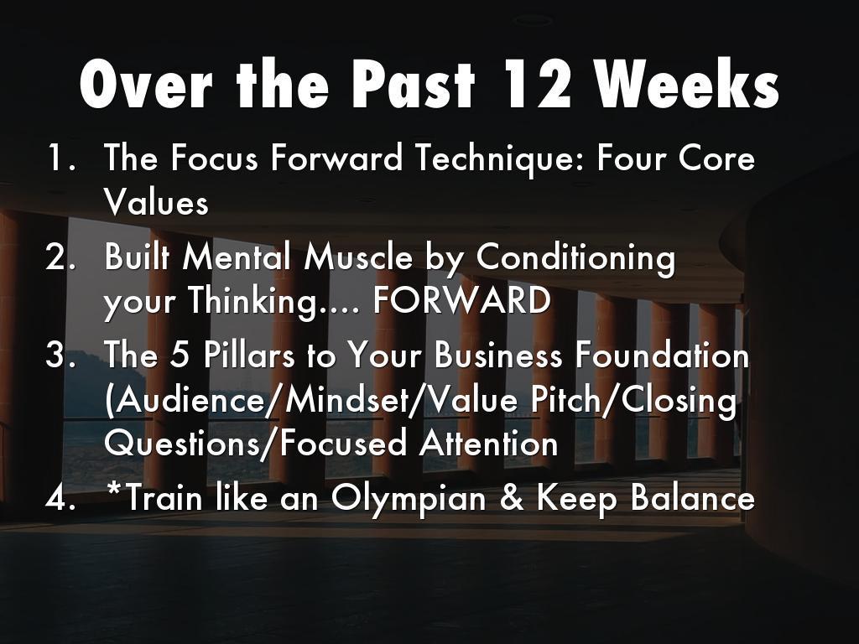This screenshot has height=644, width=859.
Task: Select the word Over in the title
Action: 146,84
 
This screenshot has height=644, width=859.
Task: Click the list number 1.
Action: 60,158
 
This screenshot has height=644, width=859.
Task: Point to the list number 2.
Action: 59,257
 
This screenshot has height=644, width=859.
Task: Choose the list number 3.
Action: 59,355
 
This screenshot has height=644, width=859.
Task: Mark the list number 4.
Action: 59,498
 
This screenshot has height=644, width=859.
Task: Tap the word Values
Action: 156,202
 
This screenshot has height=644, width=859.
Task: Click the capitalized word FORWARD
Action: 461,300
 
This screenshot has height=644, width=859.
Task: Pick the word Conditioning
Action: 575,258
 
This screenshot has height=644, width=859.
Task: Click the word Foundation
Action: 662,355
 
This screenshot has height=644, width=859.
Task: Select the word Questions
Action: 181,443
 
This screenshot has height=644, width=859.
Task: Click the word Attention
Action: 489,443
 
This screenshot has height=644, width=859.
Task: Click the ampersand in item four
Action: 511,498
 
